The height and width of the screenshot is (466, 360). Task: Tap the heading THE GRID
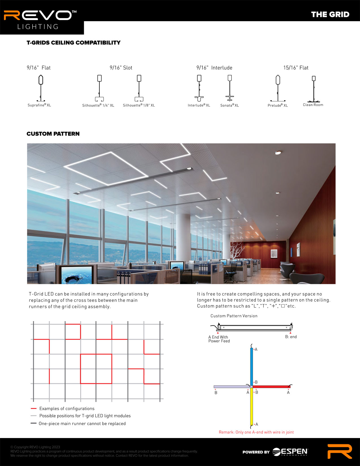[x=330, y=14]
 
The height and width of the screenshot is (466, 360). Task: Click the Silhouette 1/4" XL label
[x=98, y=105]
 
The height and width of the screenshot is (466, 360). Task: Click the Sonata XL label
[x=230, y=105]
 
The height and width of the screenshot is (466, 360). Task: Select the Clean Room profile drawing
[x=313, y=89]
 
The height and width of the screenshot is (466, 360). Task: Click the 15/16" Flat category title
[x=296, y=68]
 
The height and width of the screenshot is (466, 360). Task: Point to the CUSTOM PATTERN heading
[x=53, y=134]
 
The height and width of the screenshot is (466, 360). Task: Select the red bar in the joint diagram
[x=271, y=387]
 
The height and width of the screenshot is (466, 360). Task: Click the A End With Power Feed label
[x=219, y=339]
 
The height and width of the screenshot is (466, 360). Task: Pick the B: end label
[x=291, y=337]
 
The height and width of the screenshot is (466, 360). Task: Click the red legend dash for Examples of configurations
[x=34, y=408]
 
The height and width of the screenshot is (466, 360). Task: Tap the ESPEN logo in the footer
[x=290, y=452]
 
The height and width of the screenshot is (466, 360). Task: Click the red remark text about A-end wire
[x=256, y=432]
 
